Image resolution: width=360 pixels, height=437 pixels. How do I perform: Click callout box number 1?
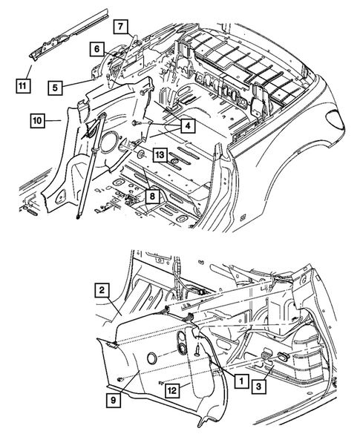point(241,380)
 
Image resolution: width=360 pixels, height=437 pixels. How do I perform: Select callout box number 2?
point(102,290)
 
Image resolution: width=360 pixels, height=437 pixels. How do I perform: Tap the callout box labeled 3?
point(258,386)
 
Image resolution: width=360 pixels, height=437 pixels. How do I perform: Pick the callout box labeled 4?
point(188,126)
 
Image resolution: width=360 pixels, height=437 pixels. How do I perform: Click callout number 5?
point(55,88)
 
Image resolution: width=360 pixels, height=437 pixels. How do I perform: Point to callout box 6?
point(96,49)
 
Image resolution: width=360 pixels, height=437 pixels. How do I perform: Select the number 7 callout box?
point(120,27)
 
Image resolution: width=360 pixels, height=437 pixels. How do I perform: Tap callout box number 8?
point(152,196)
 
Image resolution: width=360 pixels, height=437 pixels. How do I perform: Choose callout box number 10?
point(37,121)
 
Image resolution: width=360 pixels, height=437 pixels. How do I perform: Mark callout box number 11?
point(22,85)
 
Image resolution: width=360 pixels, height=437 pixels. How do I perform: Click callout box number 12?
point(172,390)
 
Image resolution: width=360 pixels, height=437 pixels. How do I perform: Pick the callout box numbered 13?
point(160,154)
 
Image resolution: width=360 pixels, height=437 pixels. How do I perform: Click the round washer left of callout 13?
point(141,154)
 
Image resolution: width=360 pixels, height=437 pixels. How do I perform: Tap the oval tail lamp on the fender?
point(336,119)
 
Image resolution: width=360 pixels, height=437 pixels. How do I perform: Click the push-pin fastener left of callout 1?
point(197,349)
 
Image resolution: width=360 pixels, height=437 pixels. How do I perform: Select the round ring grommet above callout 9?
point(152,358)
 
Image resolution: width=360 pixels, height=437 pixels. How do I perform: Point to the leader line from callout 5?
point(78,83)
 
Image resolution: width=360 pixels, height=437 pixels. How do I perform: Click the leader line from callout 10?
point(53,120)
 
